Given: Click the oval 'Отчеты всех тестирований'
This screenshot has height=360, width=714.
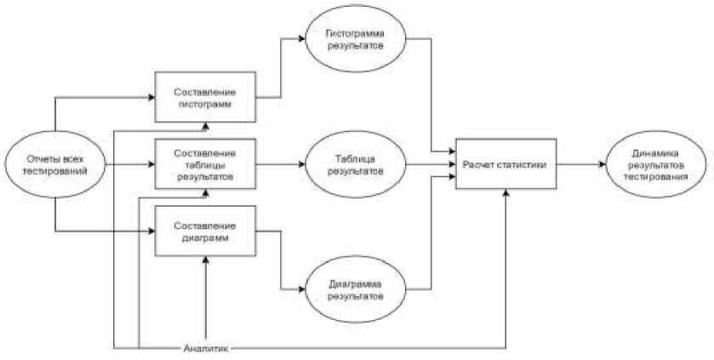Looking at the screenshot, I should coord(55,163).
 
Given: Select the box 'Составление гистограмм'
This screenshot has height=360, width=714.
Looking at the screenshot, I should coord(204,97).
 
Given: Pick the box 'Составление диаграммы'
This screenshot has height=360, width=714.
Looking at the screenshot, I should coord(204,231).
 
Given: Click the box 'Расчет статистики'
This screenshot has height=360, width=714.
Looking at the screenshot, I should coord(506,163).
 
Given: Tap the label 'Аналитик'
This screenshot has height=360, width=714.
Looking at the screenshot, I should coord(204,347).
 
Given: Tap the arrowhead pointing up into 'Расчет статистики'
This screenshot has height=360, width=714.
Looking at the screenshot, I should coord(506,193).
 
